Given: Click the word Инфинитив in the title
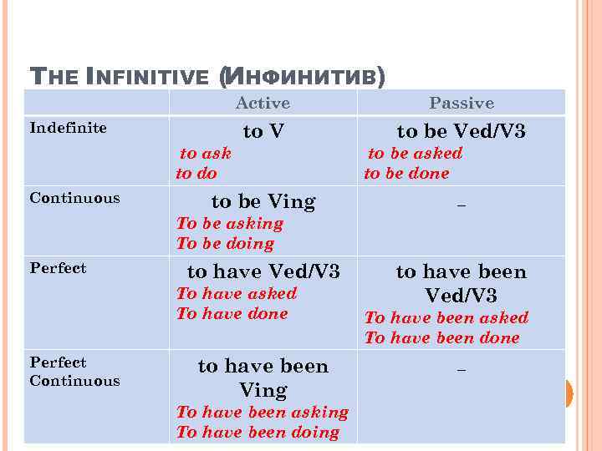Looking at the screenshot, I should pyautogui.click(x=303, y=77).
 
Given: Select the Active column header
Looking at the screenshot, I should pyautogui.click(x=263, y=103).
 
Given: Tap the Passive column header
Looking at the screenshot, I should pyautogui.click(x=462, y=103).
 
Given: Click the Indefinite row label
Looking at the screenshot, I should pyautogui.click(x=68, y=128).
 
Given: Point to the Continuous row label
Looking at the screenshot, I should pyautogui.click(x=74, y=198).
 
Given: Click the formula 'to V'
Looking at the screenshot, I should pyautogui.click(x=263, y=131).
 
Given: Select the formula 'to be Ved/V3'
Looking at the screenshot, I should pyautogui.click(x=461, y=131).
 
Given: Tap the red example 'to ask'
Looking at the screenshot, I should pyautogui.click(x=206, y=153).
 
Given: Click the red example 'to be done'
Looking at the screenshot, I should pyautogui.click(x=406, y=174).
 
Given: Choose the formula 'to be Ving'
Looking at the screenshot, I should pyautogui.click(x=263, y=201).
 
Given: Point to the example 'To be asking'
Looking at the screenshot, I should pyautogui.click(x=230, y=224).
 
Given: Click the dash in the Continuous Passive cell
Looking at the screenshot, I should pyautogui.click(x=461, y=202).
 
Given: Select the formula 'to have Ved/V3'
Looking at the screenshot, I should pyautogui.click(x=263, y=271).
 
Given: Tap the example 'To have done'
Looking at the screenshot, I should pyautogui.click(x=232, y=314).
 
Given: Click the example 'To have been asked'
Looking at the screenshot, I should pyautogui.click(x=446, y=317).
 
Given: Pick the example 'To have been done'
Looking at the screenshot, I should pyautogui.click(x=442, y=338).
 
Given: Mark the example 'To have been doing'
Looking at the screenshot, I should pyautogui.click(x=258, y=433).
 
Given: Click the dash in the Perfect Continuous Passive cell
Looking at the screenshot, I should pyautogui.click(x=461, y=367).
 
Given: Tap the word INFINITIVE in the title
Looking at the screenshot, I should pyautogui.click(x=147, y=77).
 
